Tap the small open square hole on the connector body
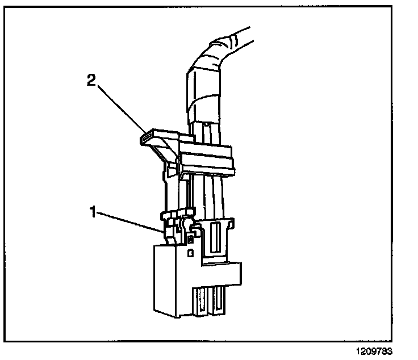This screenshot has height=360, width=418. tap(191, 249)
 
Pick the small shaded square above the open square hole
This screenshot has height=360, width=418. tap(190, 240)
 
